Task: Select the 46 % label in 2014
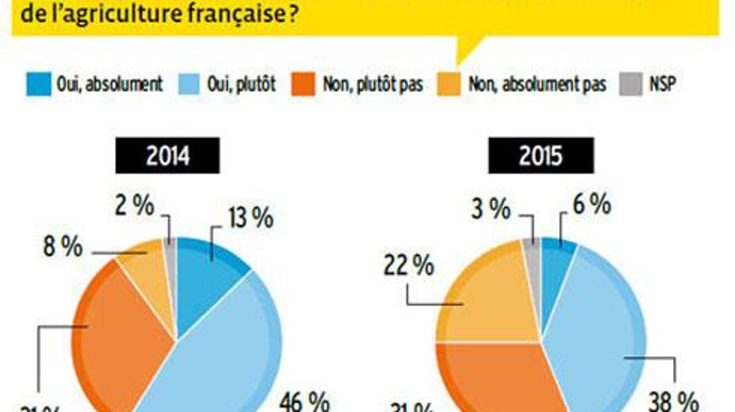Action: point(304,401)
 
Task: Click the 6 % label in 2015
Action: point(591,206)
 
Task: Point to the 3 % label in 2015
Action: point(490,209)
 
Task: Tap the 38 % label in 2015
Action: point(673,401)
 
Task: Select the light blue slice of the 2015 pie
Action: point(595,323)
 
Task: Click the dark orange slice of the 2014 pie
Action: point(121,330)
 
